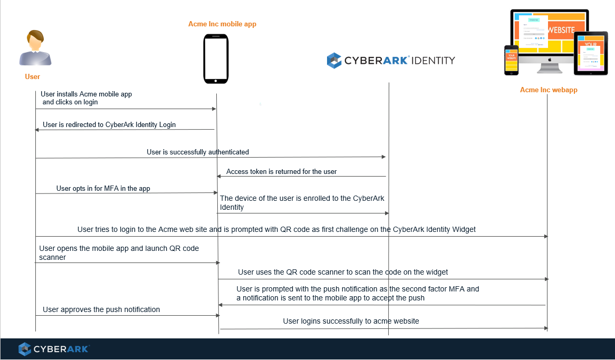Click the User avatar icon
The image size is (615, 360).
click(x=35, y=48)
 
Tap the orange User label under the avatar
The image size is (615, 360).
click(x=33, y=77)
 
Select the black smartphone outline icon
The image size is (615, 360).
click(x=216, y=59)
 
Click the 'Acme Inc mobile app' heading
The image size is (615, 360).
click(x=222, y=24)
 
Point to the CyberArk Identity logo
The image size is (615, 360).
click(x=390, y=60)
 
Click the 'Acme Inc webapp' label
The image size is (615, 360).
click(x=549, y=90)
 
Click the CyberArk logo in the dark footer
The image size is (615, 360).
click(x=54, y=349)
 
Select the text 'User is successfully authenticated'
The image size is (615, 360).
click(x=198, y=152)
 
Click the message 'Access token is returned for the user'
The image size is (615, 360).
click(x=281, y=172)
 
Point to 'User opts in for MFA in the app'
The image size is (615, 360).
click(x=103, y=189)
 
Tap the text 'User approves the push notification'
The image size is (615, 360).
click(x=101, y=310)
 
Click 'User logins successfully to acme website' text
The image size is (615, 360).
click(x=351, y=321)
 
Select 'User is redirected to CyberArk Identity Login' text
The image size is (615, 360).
click(x=109, y=125)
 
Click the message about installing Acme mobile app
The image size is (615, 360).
click(x=86, y=98)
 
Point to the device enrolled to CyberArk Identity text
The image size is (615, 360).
click(x=302, y=203)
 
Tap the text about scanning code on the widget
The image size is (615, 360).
click(x=343, y=273)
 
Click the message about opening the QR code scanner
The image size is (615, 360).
click(x=119, y=252)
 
